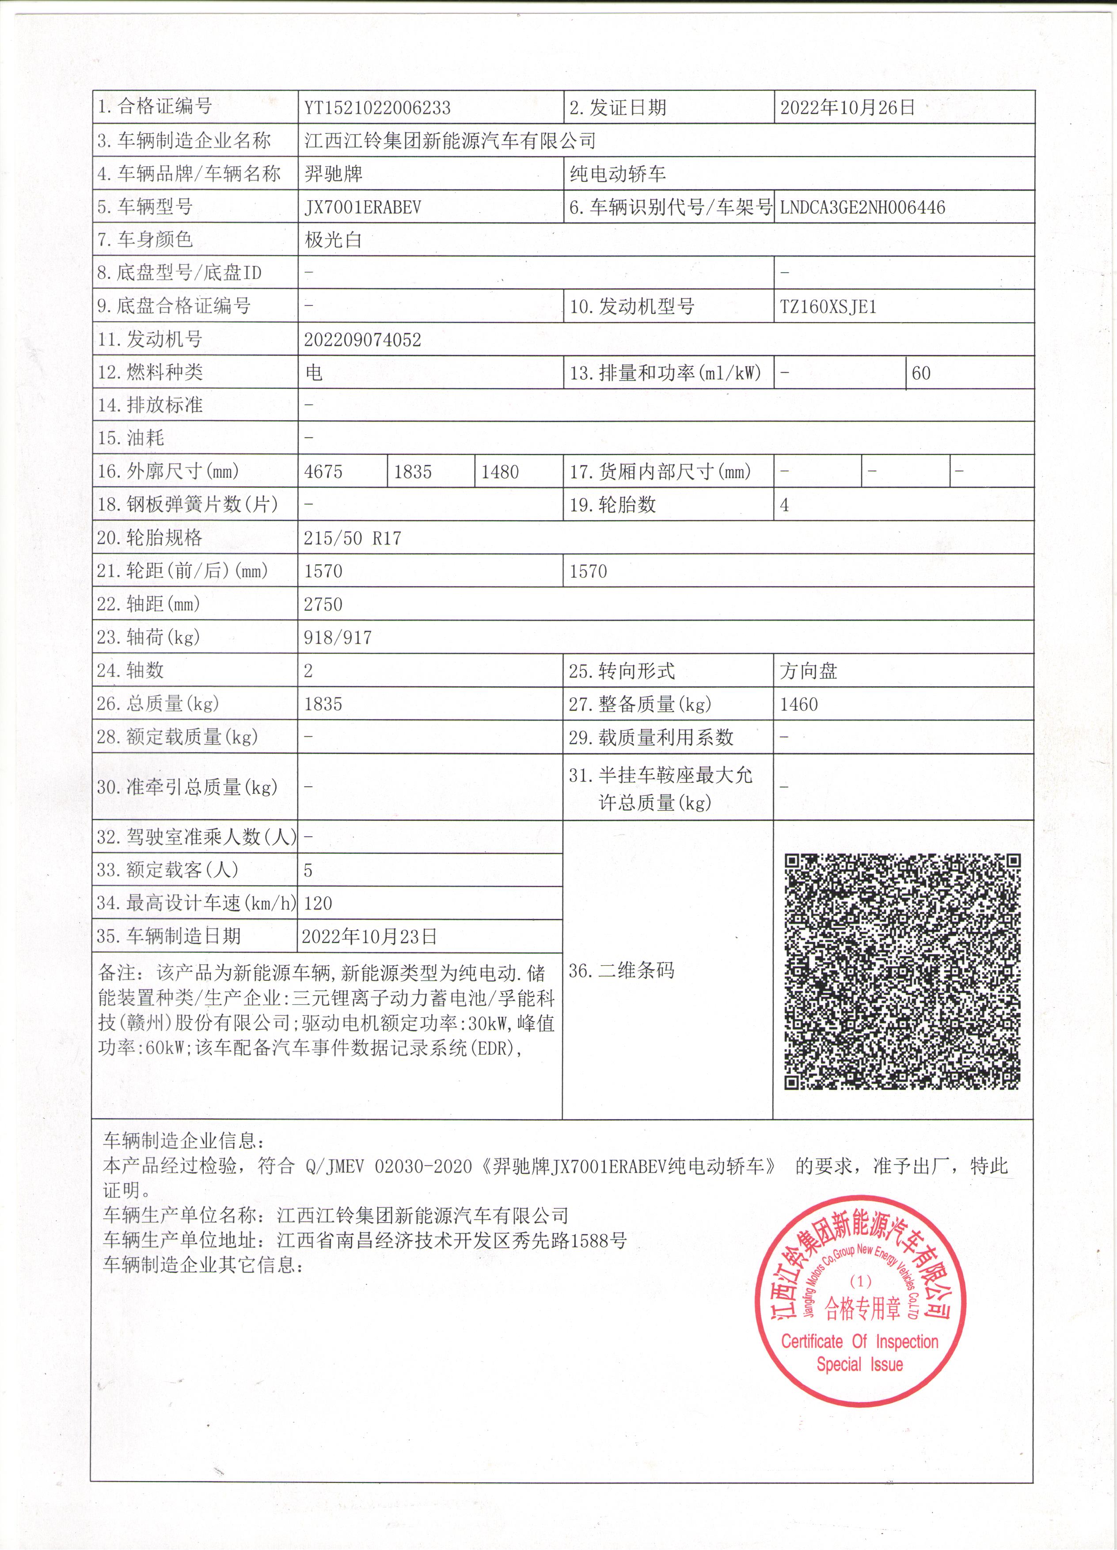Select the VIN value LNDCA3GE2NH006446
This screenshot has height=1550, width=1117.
click(863, 207)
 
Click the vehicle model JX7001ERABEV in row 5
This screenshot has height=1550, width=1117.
click(363, 207)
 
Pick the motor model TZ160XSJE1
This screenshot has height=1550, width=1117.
click(828, 307)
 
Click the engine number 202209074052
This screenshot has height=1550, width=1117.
click(363, 340)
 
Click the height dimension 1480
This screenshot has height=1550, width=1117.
click(500, 472)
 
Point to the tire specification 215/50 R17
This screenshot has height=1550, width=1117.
click(353, 538)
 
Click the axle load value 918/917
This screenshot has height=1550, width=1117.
click(338, 638)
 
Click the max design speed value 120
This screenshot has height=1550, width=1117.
click(319, 903)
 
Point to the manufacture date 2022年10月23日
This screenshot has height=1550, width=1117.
click(369, 936)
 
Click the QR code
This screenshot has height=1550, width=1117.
click(903, 971)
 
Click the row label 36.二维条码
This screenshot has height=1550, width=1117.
click(622, 971)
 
